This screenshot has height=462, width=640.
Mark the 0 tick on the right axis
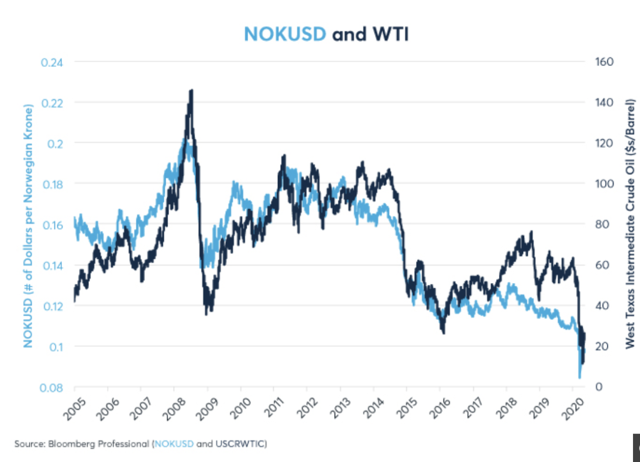point(598,387)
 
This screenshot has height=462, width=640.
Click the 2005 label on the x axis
point(73,407)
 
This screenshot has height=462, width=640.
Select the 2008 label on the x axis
point(172,407)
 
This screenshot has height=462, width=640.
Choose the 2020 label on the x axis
point(570,407)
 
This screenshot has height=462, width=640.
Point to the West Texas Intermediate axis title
point(630,224)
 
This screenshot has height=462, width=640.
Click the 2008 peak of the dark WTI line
point(191,91)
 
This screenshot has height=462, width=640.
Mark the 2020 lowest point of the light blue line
point(579,377)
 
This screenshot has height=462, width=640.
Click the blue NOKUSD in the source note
point(173,444)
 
